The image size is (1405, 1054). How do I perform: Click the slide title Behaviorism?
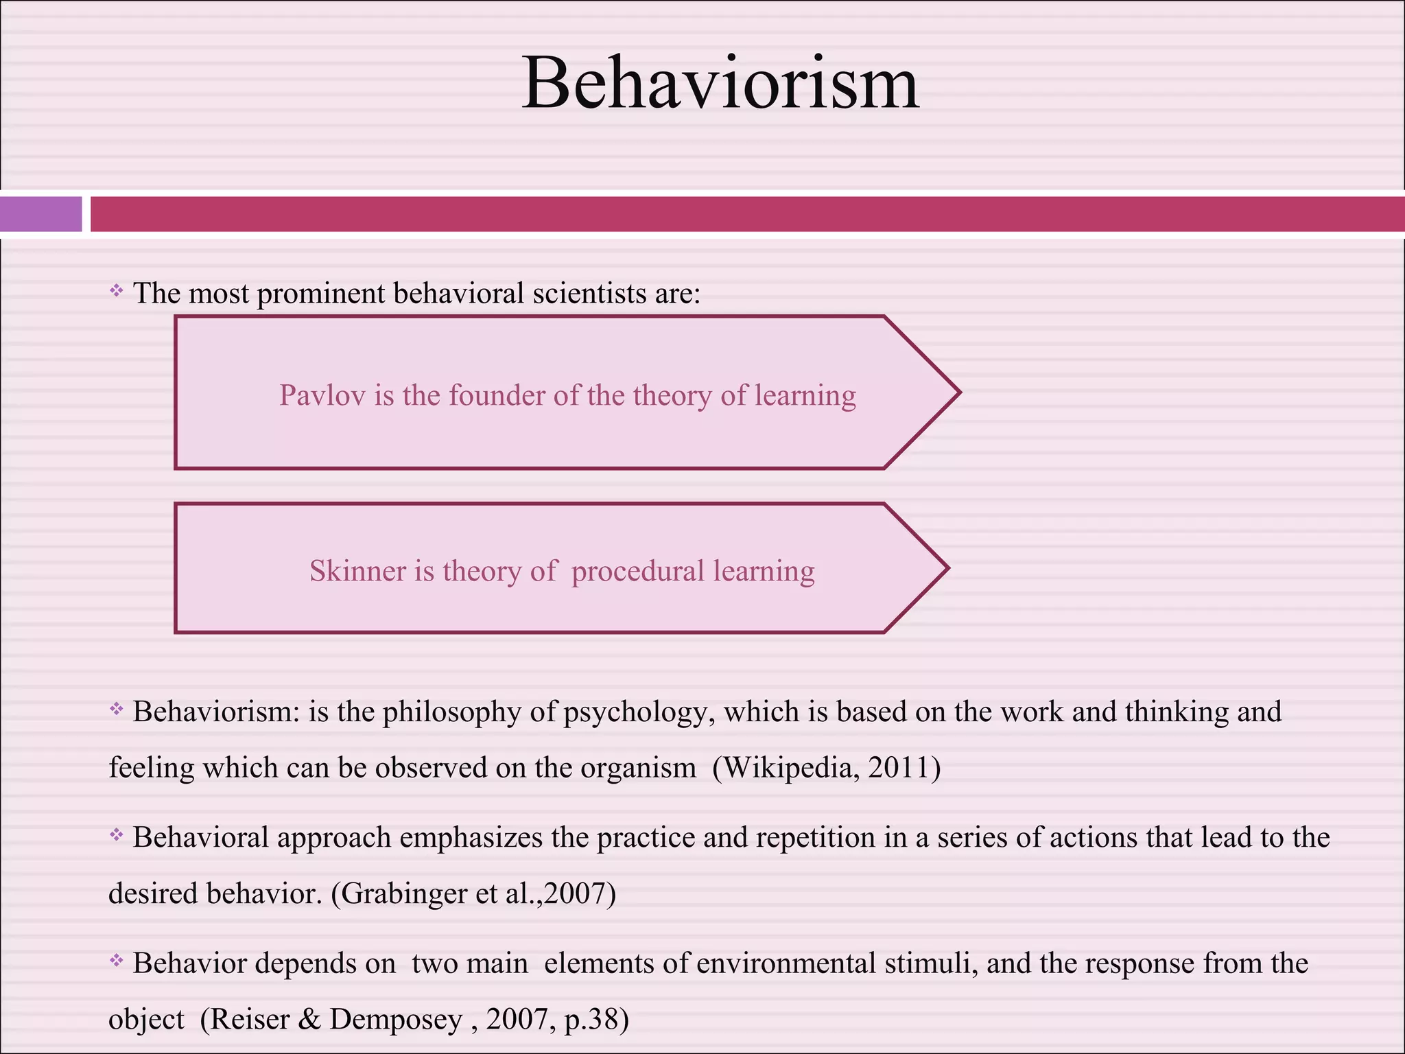[x=720, y=84]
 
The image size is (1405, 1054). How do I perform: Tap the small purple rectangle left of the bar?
[x=40, y=214]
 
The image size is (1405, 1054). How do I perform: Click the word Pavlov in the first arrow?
[x=322, y=396]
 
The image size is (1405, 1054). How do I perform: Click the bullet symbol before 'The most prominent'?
[x=117, y=291]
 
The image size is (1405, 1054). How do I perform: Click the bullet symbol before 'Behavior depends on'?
[x=117, y=961]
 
